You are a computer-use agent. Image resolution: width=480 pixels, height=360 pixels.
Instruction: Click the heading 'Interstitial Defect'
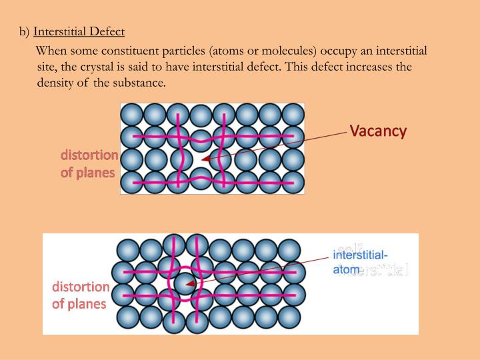tap(79, 31)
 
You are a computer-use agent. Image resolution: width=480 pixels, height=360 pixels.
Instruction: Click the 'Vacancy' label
tap(378, 131)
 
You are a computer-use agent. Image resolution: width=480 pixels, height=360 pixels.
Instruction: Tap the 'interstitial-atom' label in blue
tap(360, 262)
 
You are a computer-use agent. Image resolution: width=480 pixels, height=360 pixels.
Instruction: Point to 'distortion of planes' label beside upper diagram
tap(89, 163)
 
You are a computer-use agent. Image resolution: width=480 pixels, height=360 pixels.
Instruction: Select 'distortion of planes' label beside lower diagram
tap(81, 295)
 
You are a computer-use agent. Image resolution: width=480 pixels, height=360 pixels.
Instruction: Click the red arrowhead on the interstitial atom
tap(190, 283)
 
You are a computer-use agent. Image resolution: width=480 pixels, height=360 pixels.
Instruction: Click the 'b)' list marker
tap(24, 31)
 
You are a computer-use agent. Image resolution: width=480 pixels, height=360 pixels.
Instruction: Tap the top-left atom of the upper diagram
tap(132, 113)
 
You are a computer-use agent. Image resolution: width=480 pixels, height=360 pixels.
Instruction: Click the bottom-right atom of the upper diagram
tap(293, 182)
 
